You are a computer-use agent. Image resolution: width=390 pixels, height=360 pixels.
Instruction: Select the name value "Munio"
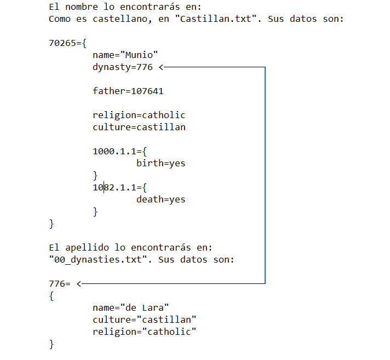click(x=141, y=55)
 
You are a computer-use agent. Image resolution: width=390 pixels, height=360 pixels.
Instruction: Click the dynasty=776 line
click(x=123, y=67)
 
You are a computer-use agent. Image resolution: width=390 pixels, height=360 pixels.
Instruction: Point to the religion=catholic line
click(x=139, y=115)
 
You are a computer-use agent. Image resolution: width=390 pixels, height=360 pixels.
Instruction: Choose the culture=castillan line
click(x=139, y=127)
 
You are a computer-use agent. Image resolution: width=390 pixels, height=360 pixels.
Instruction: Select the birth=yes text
click(x=161, y=163)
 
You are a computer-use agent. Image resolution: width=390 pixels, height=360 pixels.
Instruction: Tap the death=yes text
click(x=161, y=199)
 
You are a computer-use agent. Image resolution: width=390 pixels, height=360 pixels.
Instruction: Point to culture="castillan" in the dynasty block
click(x=145, y=320)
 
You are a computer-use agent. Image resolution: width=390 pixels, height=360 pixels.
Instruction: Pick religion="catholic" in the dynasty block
click(x=145, y=332)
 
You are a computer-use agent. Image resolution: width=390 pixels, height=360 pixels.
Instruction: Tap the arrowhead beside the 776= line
click(x=80, y=283)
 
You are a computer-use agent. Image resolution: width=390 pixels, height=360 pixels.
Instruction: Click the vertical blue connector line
click(x=265, y=175)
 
